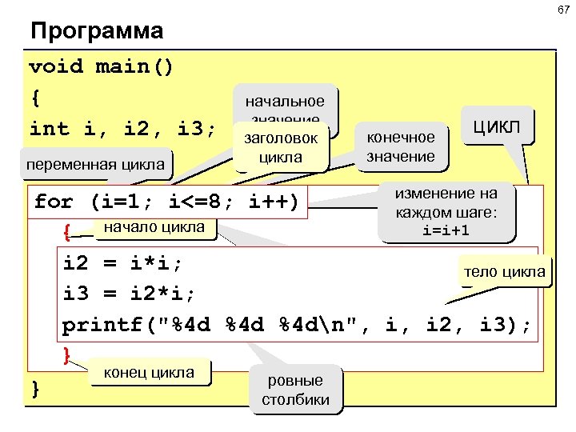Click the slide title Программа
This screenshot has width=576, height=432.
[x=96, y=32]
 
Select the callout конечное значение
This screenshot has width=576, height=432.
[x=400, y=146]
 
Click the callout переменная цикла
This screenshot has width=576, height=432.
[x=98, y=166]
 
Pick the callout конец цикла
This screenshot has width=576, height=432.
[x=150, y=372]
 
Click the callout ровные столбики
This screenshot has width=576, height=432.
[x=295, y=390]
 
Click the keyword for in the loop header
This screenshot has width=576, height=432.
[x=54, y=202]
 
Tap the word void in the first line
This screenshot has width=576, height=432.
[x=55, y=66]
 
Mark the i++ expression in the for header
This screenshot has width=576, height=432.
[x=270, y=202]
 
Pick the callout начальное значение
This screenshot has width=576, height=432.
[x=285, y=102]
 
